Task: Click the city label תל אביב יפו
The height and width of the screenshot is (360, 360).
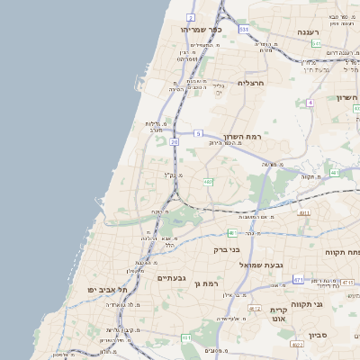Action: pyautogui.click(x=108, y=291)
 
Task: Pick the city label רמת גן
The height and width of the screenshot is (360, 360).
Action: pyautogui.click(x=206, y=284)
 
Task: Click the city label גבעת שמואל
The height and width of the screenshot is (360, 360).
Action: pyautogui.click(x=261, y=265)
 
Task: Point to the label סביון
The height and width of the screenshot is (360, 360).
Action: pyautogui.click(x=319, y=335)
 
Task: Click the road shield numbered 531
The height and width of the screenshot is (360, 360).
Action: pyautogui.click(x=244, y=29)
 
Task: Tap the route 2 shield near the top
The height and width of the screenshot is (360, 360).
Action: pyautogui.click(x=191, y=17)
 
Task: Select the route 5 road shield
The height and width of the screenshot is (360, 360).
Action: pyautogui.click(x=198, y=133)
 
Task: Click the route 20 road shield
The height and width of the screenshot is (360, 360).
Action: pyautogui.click(x=174, y=140)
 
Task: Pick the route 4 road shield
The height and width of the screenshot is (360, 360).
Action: pyautogui.click(x=310, y=103)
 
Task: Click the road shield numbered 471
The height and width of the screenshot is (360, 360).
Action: pyautogui.click(x=298, y=280)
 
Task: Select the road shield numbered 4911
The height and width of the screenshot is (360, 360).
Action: pyautogui.click(x=304, y=213)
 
